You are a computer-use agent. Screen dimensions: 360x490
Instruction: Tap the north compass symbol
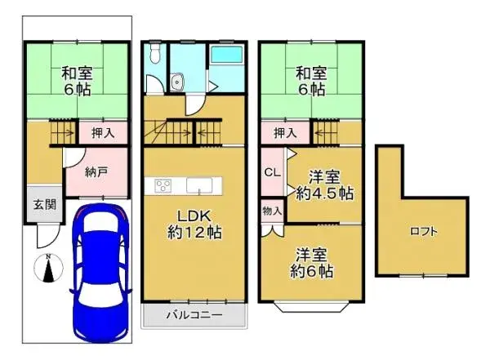pyautogui.click(x=48, y=268)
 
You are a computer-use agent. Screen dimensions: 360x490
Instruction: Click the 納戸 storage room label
pyautogui.click(x=96, y=172)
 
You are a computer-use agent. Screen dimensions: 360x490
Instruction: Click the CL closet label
pyautogui.click(x=271, y=173)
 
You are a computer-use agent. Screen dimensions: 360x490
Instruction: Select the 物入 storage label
pyautogui.click(x=272, y=211)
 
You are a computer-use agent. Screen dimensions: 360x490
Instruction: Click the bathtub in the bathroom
pyautogui.click(x=225, y=60)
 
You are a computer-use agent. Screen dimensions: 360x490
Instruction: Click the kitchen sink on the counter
pyautogui.click(x=199, y=185)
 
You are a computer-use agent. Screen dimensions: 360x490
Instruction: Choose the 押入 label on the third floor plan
pyautogui.click(x=283, y=133)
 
